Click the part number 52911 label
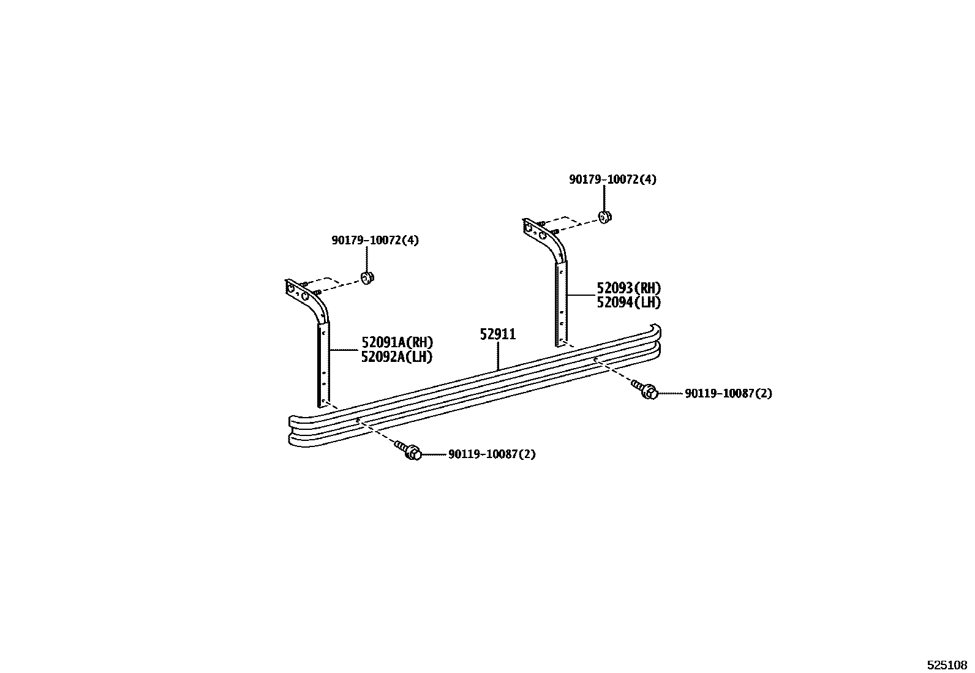(497, 335)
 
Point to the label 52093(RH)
(629, 288)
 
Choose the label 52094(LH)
(629, 303)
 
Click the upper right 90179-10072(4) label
(612, 179)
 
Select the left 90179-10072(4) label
(375, 241)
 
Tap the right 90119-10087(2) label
(728, 394)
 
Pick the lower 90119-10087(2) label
(492, 454)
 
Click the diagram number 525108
(946, 664)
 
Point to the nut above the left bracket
(367, 278)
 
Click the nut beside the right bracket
(604, 217)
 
